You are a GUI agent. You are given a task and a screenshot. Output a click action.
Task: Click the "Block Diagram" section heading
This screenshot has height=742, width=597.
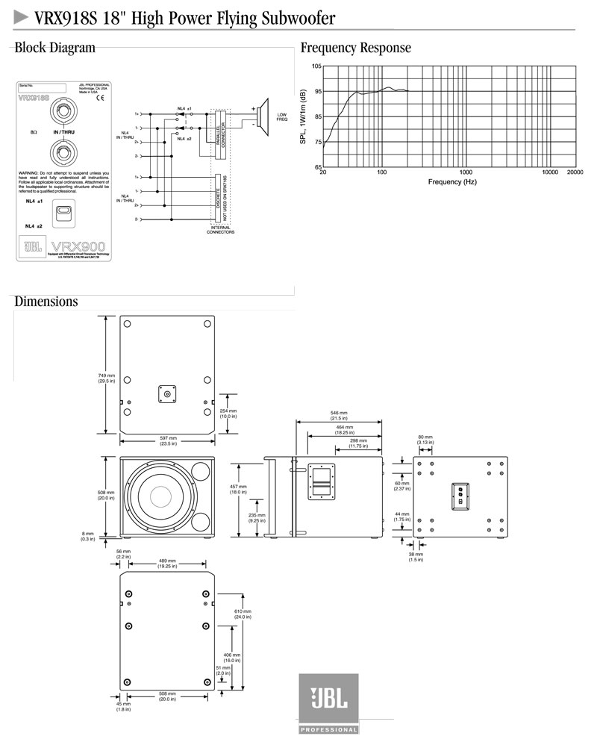point(55,49)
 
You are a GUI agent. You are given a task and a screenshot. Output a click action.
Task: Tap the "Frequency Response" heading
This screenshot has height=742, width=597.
point(355,49)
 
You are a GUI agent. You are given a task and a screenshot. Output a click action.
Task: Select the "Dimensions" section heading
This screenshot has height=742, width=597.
point(46,302)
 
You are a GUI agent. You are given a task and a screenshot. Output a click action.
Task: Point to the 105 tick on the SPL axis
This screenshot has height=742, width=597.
point(316,67)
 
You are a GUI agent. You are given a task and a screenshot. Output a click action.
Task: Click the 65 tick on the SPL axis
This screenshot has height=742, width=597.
point(316,166)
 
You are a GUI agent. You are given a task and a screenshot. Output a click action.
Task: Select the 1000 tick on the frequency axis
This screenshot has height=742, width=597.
point(466,172)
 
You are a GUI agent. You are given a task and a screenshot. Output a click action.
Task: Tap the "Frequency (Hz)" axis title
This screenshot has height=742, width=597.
point(451,182)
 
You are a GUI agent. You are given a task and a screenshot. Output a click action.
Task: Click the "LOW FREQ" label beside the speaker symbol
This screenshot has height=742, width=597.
point(281,117)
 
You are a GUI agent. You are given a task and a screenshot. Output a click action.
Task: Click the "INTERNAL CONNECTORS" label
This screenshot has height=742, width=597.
point(220,230)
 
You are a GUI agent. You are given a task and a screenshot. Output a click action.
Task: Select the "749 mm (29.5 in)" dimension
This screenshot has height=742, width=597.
point(107,378)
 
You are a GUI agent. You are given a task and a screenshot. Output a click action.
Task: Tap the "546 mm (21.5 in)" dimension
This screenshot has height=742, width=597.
point(339,415)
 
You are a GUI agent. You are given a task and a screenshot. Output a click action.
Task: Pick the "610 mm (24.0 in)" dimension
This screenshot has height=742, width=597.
point(243,614)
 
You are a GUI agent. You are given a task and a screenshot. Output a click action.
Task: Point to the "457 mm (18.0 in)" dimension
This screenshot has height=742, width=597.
point(238,490)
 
